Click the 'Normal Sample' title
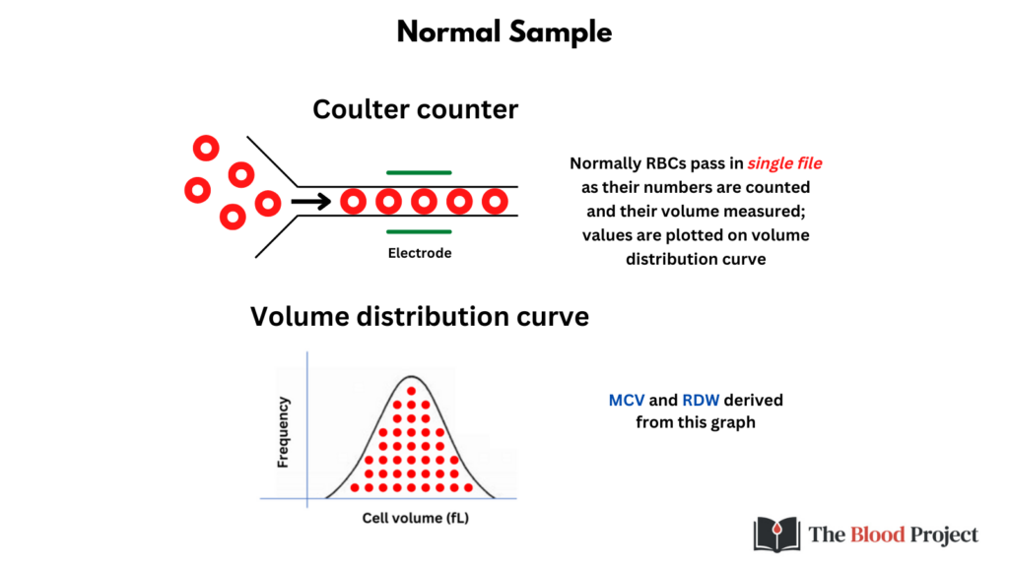click(x=504, y=32)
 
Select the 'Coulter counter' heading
click(x=415, y=109)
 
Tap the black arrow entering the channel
click(x=310, y=202)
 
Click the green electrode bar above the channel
click(x=419, y=172)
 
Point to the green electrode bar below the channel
click(x=419, y=231)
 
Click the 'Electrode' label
click(x=420, y=253)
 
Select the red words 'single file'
click(x=784, y=163)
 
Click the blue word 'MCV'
click(x=626, y=400)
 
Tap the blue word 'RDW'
click(x=701, y=400)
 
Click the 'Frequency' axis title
click(x=283, y=432)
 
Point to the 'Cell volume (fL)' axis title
click(x=415, y=518)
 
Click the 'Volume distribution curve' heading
click(x=420, y=316)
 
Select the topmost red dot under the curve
click(x=411, y=391)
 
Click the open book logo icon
click(x=776, y=535)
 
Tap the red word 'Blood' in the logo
click(x=878, y=535)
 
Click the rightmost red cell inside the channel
click(x=495, y=201)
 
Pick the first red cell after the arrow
click(x=354, y=201)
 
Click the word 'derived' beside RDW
click(x=754, y=400)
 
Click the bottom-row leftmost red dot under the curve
click(x=355, y=488)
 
